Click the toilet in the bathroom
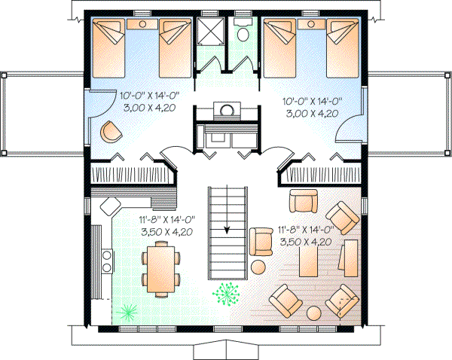coord(243,35)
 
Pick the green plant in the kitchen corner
coord(127,310)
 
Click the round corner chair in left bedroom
coord(110,133)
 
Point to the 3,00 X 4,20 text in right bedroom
coord(312,113)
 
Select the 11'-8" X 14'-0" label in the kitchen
coord(166,220)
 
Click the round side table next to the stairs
coord(258,266)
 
